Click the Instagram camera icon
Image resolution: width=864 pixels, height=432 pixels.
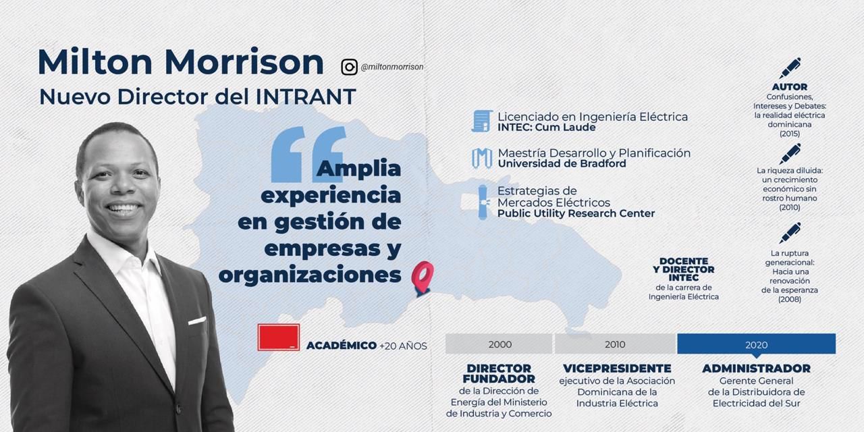click(x=349, y=67)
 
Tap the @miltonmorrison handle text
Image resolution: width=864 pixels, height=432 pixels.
click(x=392, y=67)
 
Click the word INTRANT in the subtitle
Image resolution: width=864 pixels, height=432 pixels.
click(x=306, y=97)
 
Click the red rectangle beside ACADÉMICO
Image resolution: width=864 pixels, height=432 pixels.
click(x=279, y=337)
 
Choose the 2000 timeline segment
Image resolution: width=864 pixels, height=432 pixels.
click(x=499, y=344)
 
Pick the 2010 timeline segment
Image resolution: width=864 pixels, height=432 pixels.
click(x=616, y=344)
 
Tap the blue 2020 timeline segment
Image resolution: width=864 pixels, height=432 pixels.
click(x=757, y=344)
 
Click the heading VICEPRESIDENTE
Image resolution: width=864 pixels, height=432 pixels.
click(x=617, y=369)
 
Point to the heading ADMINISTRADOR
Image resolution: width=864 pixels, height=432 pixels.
click(x=757, y=369)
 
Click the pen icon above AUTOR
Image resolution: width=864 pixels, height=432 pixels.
click(x=790, y=68)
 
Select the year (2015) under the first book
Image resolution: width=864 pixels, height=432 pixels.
click(x=790, y=134)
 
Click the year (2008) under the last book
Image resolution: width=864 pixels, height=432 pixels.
click(x=790, y=299)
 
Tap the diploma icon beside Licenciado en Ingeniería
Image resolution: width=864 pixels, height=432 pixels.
click(x=482, y=121)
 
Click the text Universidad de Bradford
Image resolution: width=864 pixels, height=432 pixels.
click(x=562, y=163)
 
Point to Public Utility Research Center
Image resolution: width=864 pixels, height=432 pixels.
click(x=576, y=213)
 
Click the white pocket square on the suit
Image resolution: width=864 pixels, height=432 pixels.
click(x=197, y=321)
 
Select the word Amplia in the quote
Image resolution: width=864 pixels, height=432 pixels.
click(x=358, y=169)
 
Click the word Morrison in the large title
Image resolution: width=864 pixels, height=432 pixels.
click(x=244, y=61)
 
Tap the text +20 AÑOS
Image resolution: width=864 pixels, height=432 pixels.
click(x=403, y=346)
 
